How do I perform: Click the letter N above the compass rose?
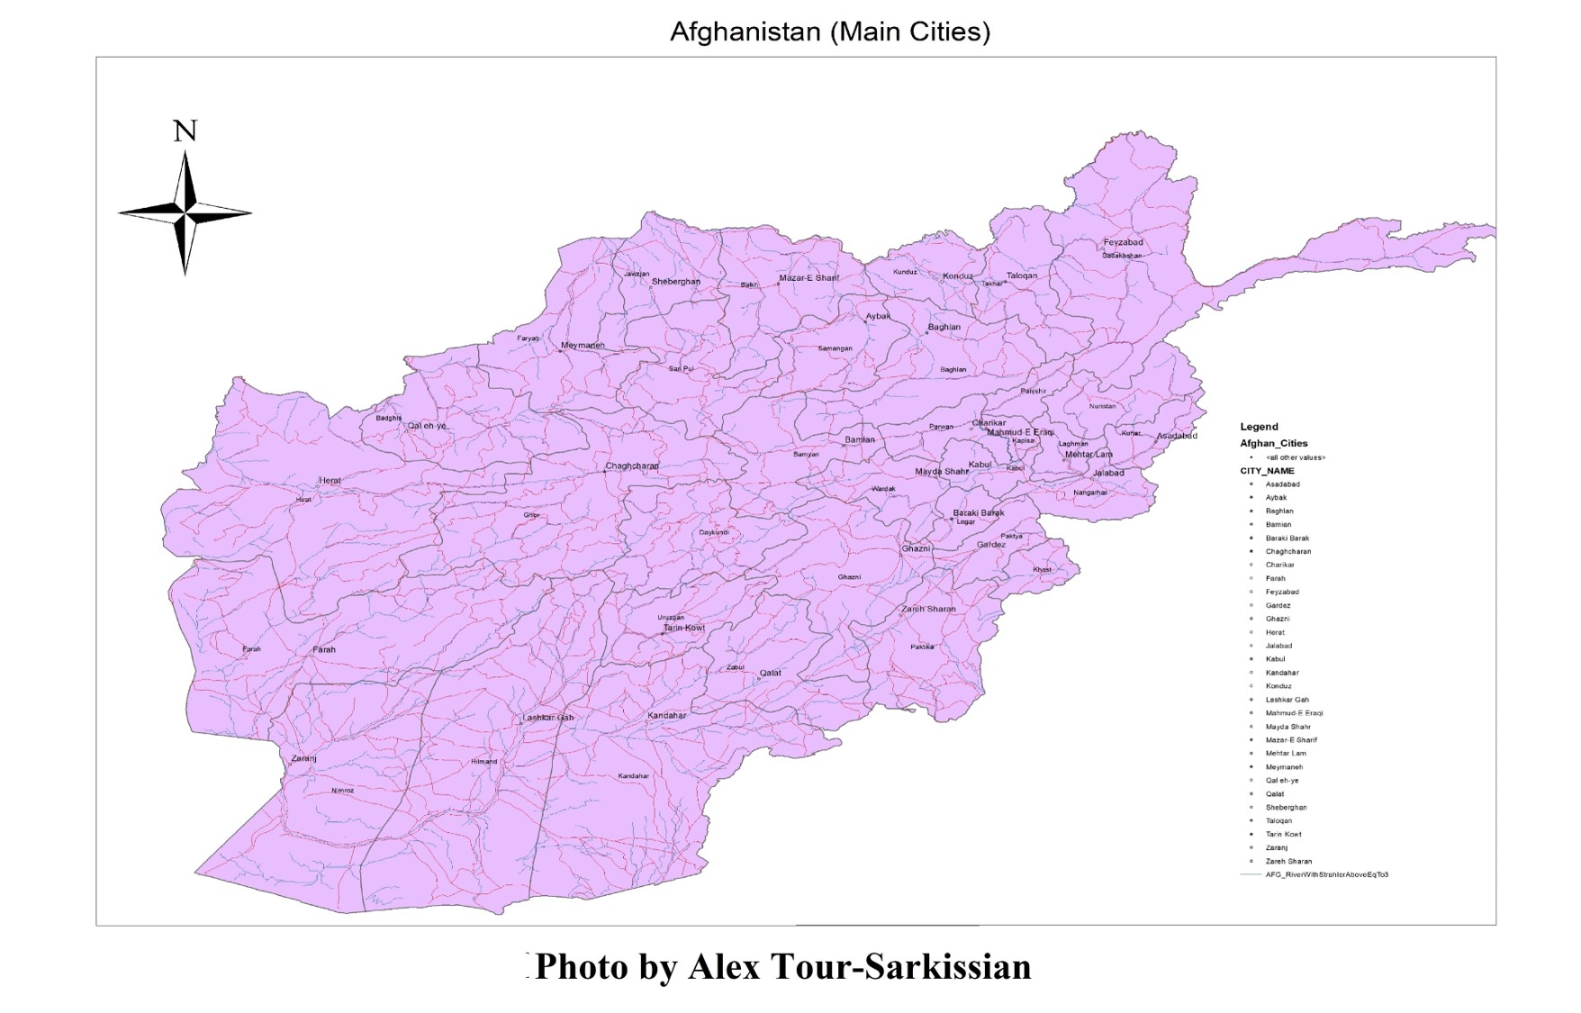coord(185,131)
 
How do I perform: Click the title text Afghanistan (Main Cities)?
coord(829,32)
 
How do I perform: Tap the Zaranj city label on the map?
coord(303,758)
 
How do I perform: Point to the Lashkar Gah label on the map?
coord(547,718)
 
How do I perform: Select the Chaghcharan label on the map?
coord(632,466)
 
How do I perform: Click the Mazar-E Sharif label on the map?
coord(809,277)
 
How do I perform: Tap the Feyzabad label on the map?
coord(1123,242)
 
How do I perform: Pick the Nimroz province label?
coord(342,791)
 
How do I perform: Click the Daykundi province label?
coord(714,532)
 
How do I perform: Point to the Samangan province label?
coord(835,348)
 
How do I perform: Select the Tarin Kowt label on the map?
coord(684,628)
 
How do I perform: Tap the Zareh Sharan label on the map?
coord(928,609)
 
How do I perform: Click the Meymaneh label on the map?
coord(583,345)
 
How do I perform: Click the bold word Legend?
coord(1259,427)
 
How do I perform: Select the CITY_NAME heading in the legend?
coord(1267,471)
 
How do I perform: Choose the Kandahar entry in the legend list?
coord(1282,673)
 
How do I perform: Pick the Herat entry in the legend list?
coord(1275,632)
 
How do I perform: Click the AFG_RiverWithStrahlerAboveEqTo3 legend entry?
coord(1326,874)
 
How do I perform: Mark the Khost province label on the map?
coord(1042,569)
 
